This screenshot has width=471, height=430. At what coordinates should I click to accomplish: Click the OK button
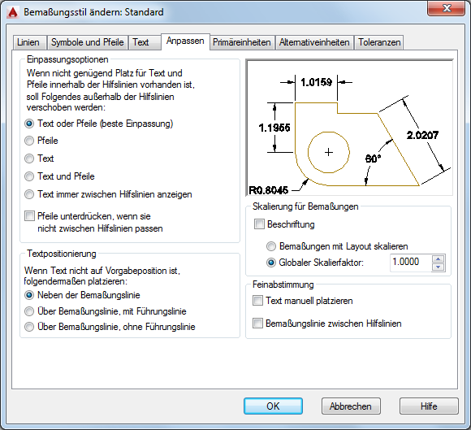[x=273, y=406]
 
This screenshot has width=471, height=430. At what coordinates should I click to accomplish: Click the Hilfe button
[x=429, y=406]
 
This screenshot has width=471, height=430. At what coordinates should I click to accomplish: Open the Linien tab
[x=28, y=42]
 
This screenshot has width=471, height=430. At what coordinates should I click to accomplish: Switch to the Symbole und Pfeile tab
[x=87, y=42]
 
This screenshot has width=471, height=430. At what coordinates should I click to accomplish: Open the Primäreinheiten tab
[x=242, y=42]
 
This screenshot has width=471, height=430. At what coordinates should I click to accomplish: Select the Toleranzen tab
[x=379, y=42]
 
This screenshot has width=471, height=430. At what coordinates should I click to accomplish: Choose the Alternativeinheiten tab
[x=314, y=42]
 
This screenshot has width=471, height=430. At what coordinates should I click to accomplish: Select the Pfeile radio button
[x=29, y=141]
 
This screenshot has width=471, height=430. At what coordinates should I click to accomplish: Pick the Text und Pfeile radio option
[x=29, y=176]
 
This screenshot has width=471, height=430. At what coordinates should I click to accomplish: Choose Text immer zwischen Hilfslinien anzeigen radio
[x=29, y=194]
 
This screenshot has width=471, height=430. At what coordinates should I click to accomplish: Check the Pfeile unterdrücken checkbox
[x=29, y=216]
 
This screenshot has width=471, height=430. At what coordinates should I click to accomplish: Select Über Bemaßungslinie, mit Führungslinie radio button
[x=29, y=311]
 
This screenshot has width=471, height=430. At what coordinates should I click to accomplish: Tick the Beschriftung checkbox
[x=259, y=224]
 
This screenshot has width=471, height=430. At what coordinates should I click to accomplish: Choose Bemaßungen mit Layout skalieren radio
[x=271, y=246]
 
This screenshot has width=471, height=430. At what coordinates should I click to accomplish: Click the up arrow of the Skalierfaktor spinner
[x=439, y=259]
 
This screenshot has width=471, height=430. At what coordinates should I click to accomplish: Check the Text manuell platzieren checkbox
[x=257, y=301]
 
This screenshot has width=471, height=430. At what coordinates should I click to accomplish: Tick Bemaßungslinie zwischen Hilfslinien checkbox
[x=257, y=324]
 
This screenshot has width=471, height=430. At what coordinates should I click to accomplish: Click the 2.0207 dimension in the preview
[x=422, y=135]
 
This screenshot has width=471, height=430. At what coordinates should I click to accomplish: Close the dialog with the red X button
[x=447, y=8]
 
